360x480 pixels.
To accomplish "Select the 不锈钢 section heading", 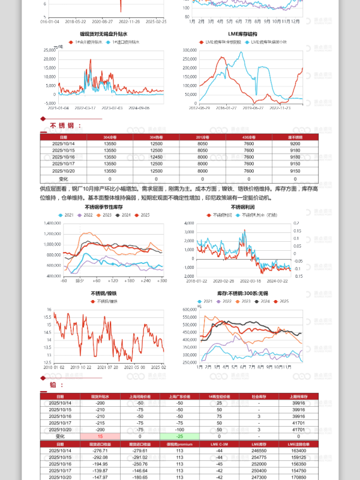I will (61, 125).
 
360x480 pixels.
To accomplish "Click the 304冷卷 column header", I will (110, 137).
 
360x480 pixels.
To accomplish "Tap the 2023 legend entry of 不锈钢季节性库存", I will (106, 215).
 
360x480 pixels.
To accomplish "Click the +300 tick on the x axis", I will (161, 280).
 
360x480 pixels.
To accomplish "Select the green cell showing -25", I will (179, 436).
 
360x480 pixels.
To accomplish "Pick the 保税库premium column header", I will (179, 443).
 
